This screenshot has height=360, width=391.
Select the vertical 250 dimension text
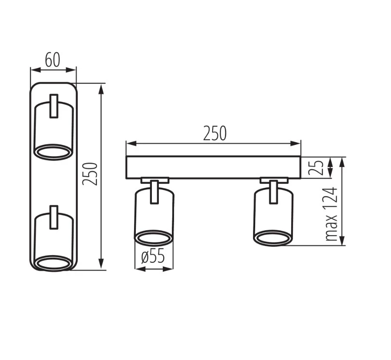tap(90, 173)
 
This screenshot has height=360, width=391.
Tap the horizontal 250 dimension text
tap(215, 134)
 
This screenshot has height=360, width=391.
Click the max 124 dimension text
tap(331, 214)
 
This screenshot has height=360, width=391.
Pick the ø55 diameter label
tap(153, 257)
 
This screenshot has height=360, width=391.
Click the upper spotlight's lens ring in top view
tap(53, 152)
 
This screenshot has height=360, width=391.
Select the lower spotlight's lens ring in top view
tap(53, 263)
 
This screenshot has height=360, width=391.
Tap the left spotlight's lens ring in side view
tap(153, 238)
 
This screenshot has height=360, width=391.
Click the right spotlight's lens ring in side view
tap(273, 238)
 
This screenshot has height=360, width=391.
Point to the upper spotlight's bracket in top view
tap(54, 106)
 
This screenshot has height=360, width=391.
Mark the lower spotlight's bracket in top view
tap(54, 217)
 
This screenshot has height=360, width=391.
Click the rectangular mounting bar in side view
tap(213, 167)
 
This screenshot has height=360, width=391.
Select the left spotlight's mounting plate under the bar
tap(155, 180)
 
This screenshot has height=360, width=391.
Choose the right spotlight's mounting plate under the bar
tap(274, 180)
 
